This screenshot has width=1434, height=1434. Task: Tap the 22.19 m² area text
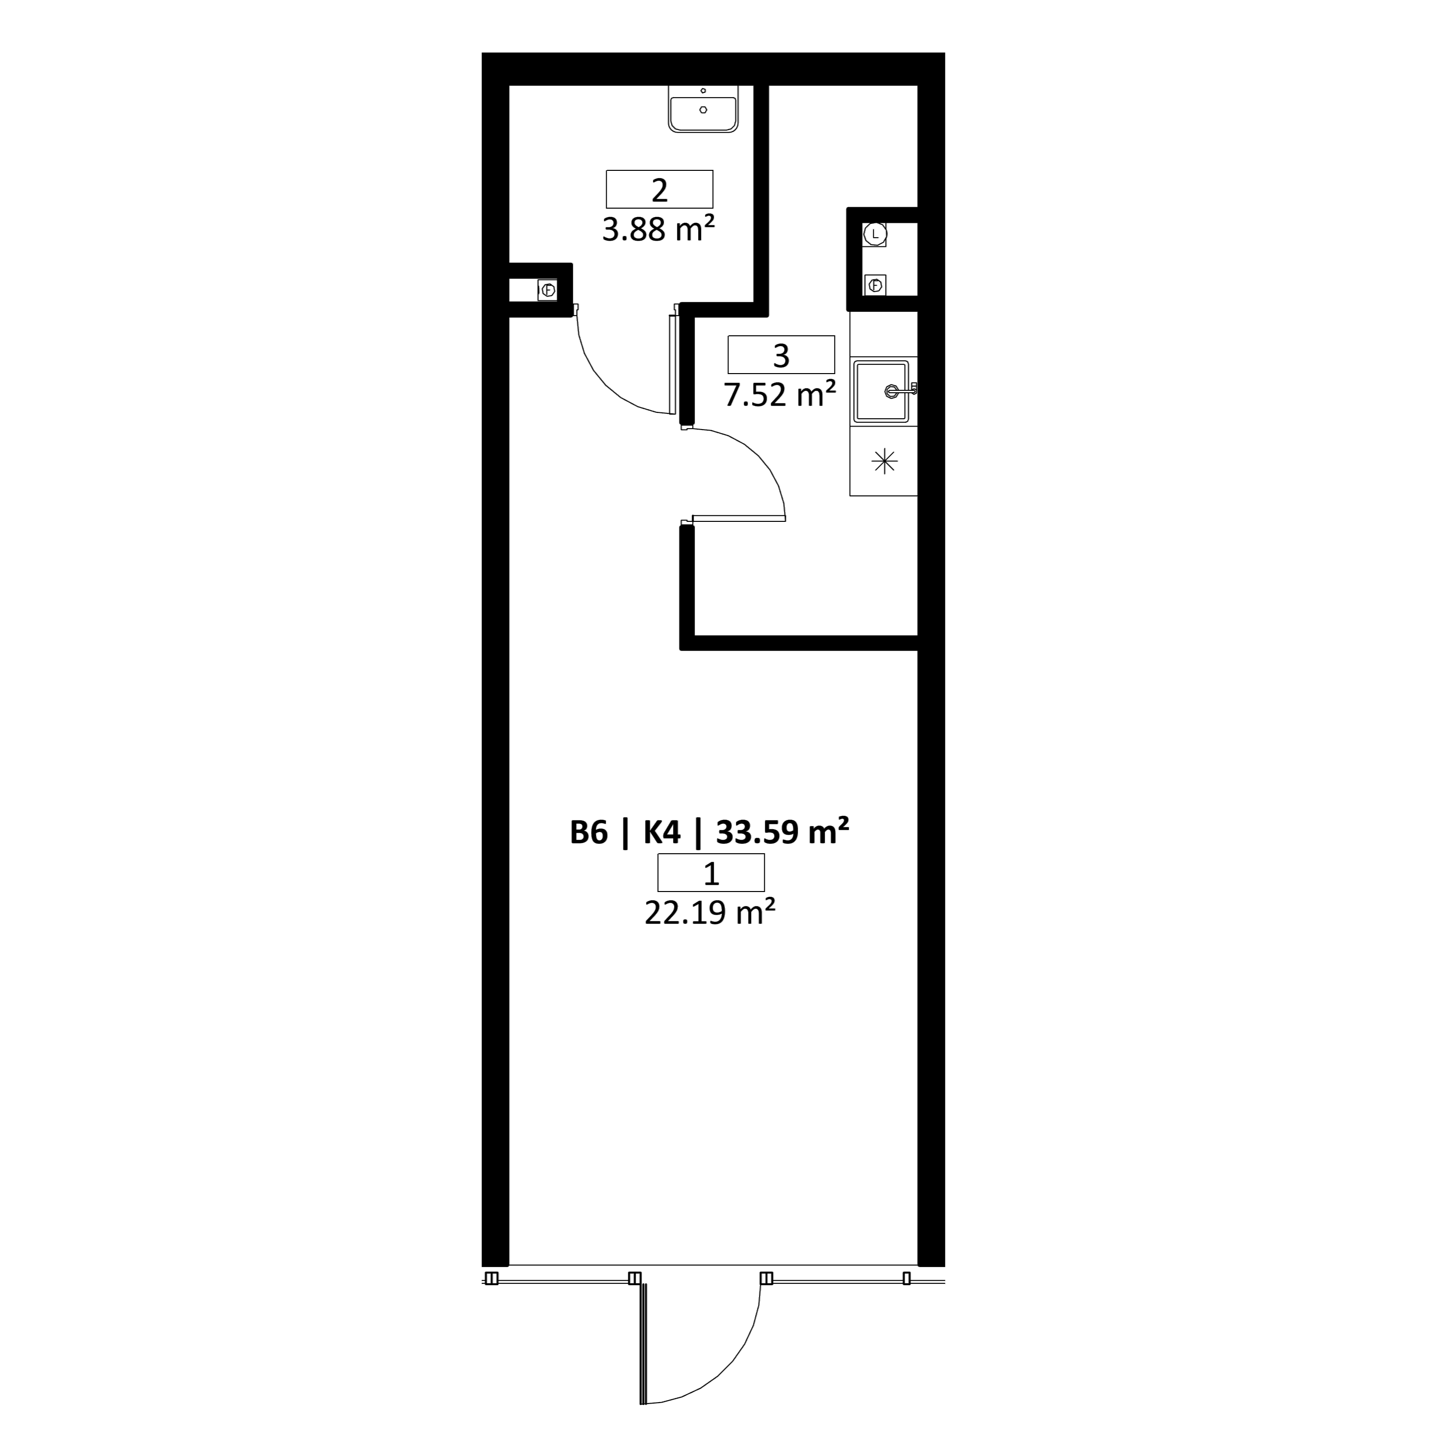coord(710,912)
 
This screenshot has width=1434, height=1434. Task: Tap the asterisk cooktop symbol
coord(884,461)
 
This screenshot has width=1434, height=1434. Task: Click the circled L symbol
coord(876,234)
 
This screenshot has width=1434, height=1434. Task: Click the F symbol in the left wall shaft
coord(548,290)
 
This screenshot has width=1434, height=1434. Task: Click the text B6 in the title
coord(589,833)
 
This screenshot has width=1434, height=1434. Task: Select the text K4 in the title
coord(661,833)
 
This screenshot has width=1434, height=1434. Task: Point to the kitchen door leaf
coord(738,518)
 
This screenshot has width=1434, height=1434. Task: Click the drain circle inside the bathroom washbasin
coord(703,110)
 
